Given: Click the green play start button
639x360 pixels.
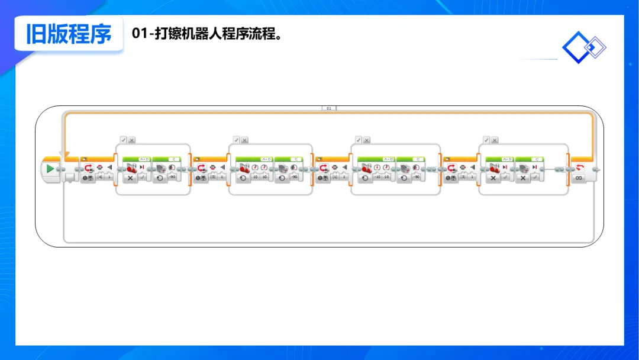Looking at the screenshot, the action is (x=50, y=169).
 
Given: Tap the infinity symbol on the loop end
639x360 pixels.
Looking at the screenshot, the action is (x=579, y=178).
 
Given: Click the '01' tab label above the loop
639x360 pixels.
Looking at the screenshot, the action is (x=329, y=109).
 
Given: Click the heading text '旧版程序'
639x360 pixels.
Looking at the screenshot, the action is (x=69, y=34).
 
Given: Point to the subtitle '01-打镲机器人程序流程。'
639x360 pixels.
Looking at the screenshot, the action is (x=206, y=34).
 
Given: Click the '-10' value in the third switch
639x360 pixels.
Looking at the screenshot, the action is (x=377, y=177).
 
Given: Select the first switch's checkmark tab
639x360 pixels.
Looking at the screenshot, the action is (x=123, y=140).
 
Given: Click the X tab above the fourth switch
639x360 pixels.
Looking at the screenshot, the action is (x=495, y=140).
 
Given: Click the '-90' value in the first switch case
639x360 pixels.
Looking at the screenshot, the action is (x=172, y=177).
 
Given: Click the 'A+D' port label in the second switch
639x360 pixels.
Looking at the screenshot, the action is (x=266, y=159).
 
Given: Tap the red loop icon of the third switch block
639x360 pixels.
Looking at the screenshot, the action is (x=324, y=168).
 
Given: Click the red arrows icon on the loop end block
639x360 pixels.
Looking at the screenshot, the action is (x=579, y=168).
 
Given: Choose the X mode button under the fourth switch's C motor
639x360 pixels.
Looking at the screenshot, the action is (x=523, y=178).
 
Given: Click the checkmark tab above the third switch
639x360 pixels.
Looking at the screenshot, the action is (x=359, y=140).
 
